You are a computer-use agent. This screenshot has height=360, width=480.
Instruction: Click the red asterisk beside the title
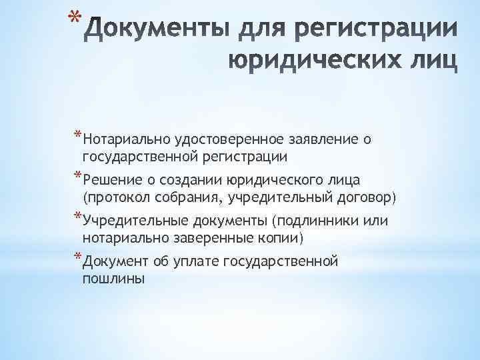point(75,18)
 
